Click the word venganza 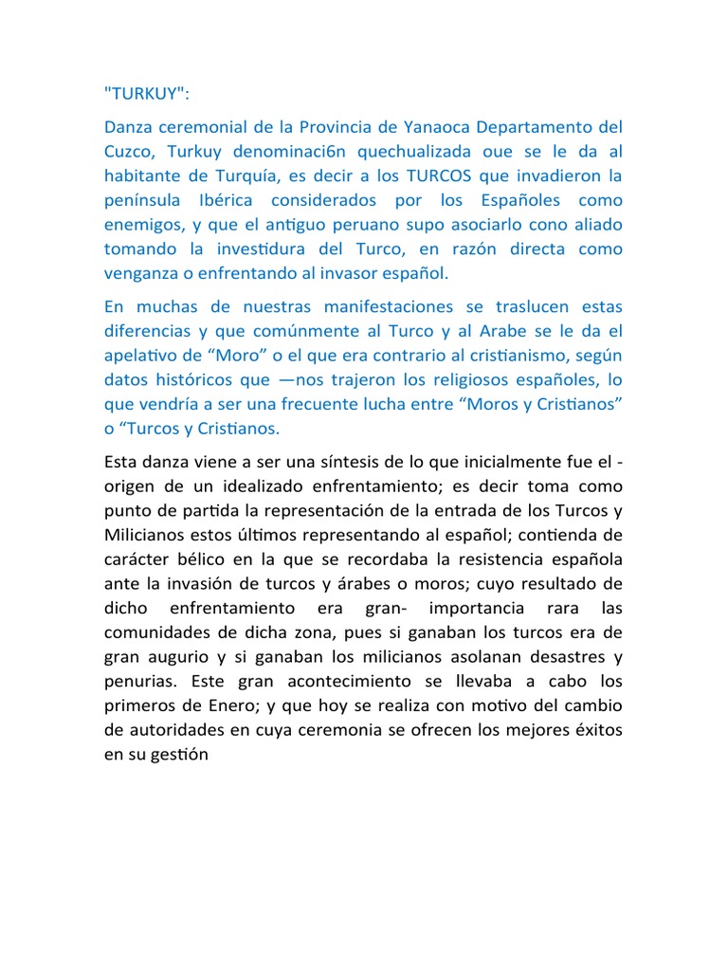[x=138, y=273]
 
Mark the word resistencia [x=475, y=559]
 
